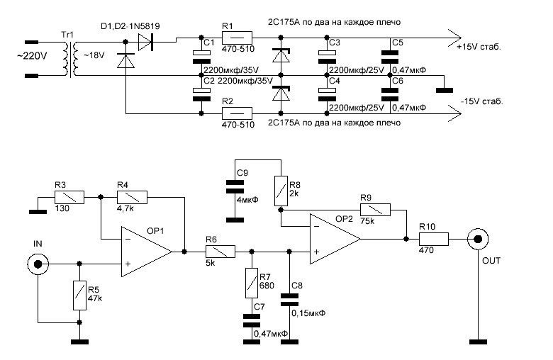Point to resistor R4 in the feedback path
click(x=133, y=198)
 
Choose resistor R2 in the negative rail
click(x=239, y=113)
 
